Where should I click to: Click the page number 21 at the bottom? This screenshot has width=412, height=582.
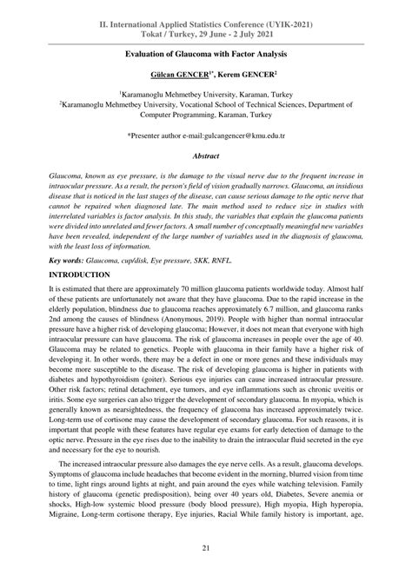tap(206, 546)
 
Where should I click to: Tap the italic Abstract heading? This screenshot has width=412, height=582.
tap(206, 156)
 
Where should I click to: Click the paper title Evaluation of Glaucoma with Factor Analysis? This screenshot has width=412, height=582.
tap(206, 54)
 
